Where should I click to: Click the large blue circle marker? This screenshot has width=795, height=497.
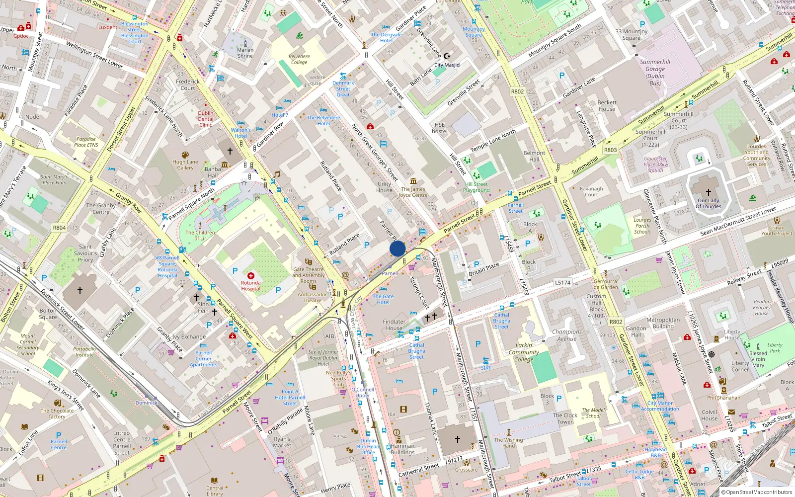point(397,248)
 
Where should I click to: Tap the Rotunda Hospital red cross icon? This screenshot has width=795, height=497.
point(251,276)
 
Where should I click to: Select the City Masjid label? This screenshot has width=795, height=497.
point(447,65)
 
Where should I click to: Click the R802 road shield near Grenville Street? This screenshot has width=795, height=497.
point(517,91)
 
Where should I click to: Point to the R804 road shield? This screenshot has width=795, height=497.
point(59,228)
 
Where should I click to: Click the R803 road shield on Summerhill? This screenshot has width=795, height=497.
point(610,150)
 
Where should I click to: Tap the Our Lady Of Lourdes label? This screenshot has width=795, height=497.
point(708,203)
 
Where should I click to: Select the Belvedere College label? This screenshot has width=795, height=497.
point(299,59)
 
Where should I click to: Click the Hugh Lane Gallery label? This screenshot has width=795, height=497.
point(185,165)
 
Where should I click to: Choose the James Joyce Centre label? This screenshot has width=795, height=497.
point(413,192)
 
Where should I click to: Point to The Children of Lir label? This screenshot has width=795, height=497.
point(200,235)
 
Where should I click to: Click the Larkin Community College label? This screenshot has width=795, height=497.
point(524,352)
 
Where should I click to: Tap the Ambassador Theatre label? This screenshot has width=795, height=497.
point(312,297)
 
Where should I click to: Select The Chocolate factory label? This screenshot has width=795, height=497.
point(57,414)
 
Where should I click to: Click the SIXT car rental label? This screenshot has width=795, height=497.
point(486,368)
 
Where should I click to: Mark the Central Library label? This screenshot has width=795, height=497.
point(215,491)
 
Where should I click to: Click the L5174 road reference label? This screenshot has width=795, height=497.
point(562,282)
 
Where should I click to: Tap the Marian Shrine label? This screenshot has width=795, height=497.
point(245,53)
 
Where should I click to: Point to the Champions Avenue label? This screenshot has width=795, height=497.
point(567,335)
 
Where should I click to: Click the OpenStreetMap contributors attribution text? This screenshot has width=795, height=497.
point(756,492)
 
